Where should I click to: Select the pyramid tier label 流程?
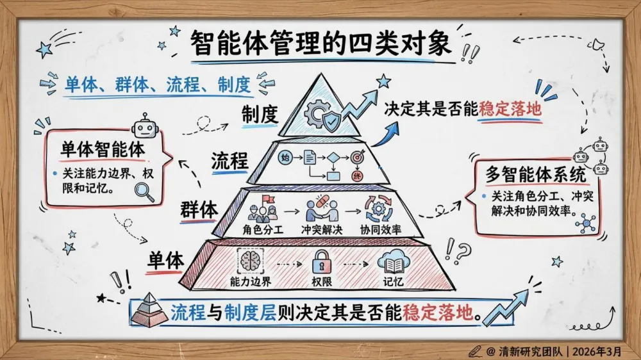click(x=229, y=161)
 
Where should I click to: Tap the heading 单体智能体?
click(x=103, y=149)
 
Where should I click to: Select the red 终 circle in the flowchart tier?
click(x=357, y=176)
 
